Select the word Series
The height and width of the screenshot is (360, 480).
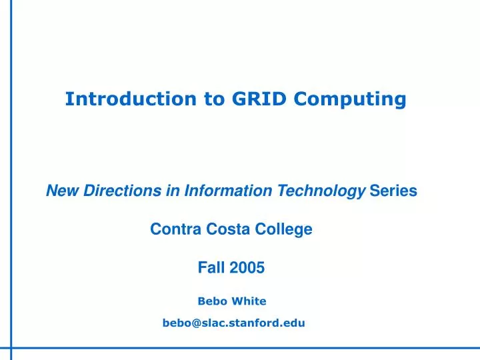pos(393,191)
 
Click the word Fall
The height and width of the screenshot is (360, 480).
pos(211,269)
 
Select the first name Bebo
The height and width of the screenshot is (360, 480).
pos(211,301)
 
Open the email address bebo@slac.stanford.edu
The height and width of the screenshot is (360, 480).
pos(233,323)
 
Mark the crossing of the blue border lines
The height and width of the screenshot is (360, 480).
pos(11,348)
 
